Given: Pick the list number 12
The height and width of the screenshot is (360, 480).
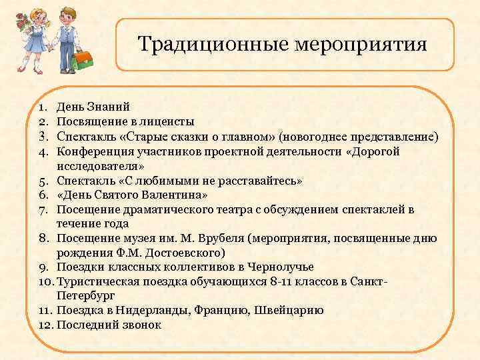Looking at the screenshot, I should point(44,325).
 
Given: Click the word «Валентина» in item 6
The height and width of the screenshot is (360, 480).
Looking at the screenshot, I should point(173,195).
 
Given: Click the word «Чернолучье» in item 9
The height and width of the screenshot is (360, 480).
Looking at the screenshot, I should point(276,267).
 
